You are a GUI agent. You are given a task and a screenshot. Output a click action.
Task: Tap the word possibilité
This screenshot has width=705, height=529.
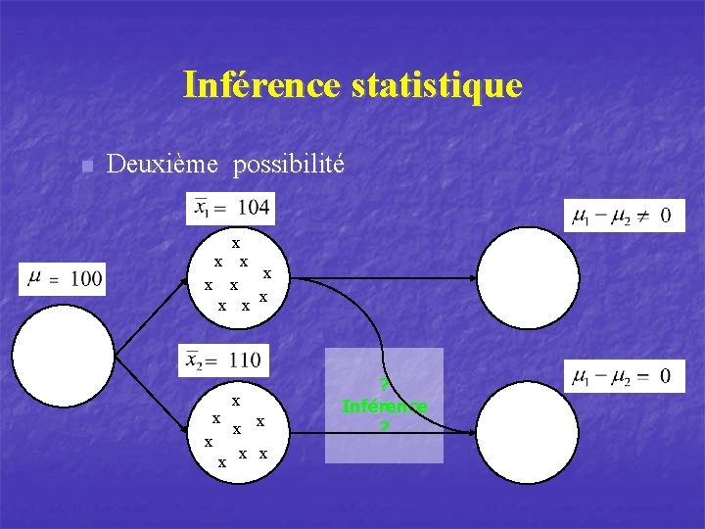tap(288, 164)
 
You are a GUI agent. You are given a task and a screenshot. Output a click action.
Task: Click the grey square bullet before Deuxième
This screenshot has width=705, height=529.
tap(86, 166)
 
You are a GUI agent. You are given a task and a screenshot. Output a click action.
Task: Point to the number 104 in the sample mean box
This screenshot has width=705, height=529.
tap(254, 207)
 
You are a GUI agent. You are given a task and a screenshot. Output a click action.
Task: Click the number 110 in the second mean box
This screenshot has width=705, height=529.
tap(244, 361)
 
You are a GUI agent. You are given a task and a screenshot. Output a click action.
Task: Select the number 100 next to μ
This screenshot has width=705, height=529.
tap(84, 279)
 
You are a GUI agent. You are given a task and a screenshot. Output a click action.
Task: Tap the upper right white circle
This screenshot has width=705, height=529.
tap(529, 277)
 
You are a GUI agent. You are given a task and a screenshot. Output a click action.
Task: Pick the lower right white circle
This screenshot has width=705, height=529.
tap(529, 432)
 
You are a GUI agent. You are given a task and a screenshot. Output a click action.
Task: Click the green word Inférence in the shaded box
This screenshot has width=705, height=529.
tap(384, 406)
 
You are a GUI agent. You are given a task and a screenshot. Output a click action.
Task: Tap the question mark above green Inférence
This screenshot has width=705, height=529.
tap(384, 384)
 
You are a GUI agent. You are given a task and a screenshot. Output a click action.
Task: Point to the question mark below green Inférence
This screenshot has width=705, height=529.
tap(384, 427)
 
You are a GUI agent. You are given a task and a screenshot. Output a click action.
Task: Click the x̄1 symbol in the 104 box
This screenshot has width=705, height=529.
tap(202, 208)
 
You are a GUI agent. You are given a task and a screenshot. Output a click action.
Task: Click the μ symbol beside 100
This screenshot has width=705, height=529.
tap(35, 278)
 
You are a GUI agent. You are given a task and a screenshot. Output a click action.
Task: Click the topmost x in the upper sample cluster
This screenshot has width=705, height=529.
tap(236, 242)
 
